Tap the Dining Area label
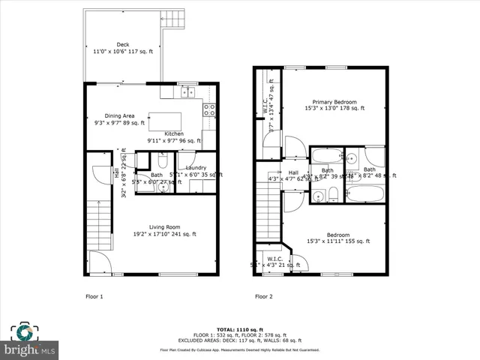(x=119, y=115)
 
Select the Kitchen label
(x=174, y=133)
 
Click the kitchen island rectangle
(x=170, y=121)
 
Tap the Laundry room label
(x=196, y=167)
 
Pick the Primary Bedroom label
(x=330, y=101)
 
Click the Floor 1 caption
(x=94, y=296)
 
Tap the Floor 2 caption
(x=263, y=296)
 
